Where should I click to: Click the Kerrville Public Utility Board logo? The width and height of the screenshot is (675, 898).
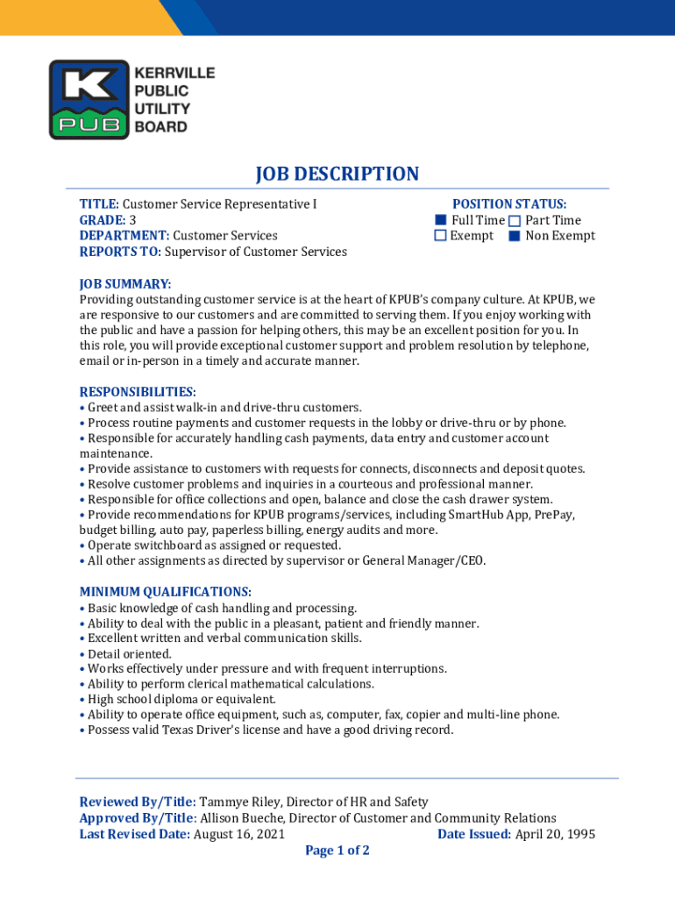131,100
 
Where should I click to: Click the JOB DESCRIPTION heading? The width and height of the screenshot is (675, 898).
337,174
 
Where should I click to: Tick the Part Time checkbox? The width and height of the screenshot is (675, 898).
515,220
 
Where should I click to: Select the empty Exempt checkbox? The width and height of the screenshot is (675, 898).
442,236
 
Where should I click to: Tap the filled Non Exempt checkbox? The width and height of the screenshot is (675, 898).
515,236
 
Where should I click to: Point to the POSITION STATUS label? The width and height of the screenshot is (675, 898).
509,204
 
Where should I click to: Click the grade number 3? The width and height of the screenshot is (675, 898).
132,220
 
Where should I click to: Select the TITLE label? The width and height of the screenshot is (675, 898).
99,204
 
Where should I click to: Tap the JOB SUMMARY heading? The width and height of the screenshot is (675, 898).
125,283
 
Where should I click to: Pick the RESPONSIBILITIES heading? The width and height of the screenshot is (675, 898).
138,391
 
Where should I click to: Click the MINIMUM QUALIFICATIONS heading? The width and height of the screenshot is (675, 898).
166,592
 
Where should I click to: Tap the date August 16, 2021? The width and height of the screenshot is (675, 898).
238,834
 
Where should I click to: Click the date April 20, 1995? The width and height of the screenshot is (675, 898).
555,834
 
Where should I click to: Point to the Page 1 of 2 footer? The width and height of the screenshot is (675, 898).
337,851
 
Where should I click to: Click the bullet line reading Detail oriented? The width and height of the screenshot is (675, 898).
130,653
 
